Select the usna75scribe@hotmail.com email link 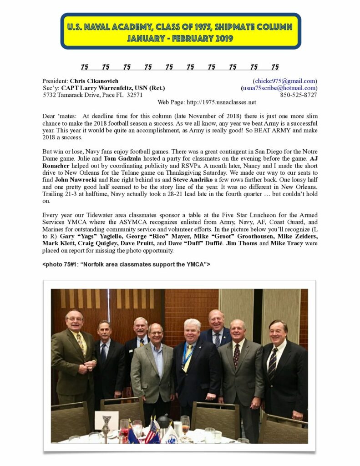tap(279, 88)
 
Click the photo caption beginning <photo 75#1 tap(126, 264)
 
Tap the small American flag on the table tap(150, 432)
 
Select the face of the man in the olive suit tap(74, 321)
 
